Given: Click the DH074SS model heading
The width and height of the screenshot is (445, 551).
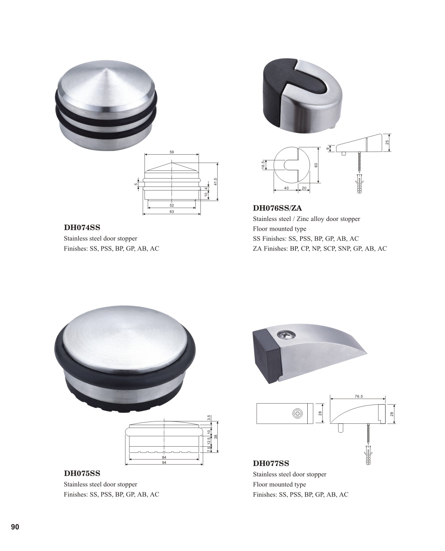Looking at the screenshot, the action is point(82,228).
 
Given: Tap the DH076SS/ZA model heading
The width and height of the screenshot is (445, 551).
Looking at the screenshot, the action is point(278,208).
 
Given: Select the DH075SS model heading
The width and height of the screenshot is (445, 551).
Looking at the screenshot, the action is point(82,474).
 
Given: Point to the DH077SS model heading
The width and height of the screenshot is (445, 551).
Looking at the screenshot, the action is point(271,463).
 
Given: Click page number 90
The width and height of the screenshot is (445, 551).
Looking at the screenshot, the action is point(15,527).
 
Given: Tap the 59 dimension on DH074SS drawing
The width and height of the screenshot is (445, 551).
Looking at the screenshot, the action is point(172,152).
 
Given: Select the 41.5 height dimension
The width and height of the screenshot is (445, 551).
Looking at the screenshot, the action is point(216,182).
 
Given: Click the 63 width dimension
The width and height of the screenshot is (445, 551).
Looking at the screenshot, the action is point(172,212).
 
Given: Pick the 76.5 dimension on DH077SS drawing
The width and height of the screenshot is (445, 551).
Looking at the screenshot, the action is point(359,396).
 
